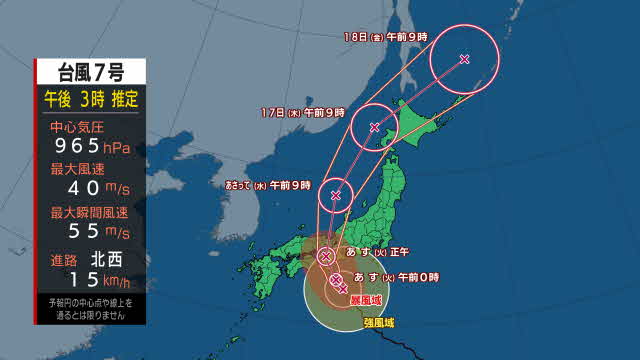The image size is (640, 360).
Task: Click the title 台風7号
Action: tap(91, 72)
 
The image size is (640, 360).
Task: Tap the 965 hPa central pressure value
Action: tap(91, 147)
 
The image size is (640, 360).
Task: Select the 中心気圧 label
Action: tap(75, 127)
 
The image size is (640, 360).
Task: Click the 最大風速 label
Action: tap(75, 169)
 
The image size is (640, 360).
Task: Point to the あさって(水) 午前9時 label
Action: tap(267, 185)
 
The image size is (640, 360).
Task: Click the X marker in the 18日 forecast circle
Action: tap(464, 58)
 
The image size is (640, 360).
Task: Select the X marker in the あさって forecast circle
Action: tap(336, 194)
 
